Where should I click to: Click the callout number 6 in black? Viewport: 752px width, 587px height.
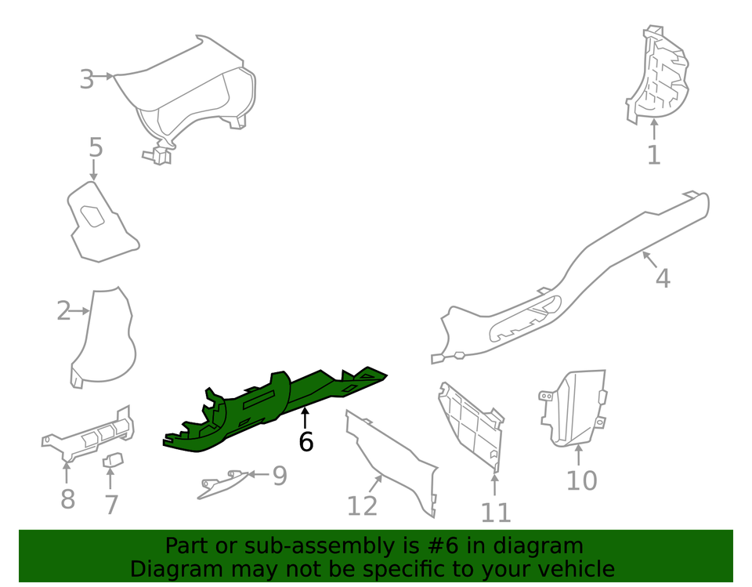click(x=305, y=442)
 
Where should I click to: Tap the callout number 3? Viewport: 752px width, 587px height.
click(x=86, y=79)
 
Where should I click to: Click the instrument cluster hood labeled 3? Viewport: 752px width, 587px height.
click(x=196, y=94)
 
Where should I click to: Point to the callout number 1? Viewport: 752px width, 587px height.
click(x=653, y=155)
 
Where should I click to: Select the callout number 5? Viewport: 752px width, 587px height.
click(x=95, y=147)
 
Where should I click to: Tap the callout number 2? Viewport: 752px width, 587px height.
click(x=63, y=311)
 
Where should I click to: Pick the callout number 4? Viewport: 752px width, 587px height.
click(x=663, y=277)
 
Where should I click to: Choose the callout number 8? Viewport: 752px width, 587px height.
click(x=67, y=498)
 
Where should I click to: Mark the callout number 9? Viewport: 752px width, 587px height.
click(x=280, y=476)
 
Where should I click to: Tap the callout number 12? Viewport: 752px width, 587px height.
click(x=362, y=506)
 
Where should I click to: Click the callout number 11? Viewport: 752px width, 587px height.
click(x=495, y=513)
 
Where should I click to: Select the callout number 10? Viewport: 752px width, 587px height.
click(x=581, y=480)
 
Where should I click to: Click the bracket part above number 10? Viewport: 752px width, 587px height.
click(x=576, y=408)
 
